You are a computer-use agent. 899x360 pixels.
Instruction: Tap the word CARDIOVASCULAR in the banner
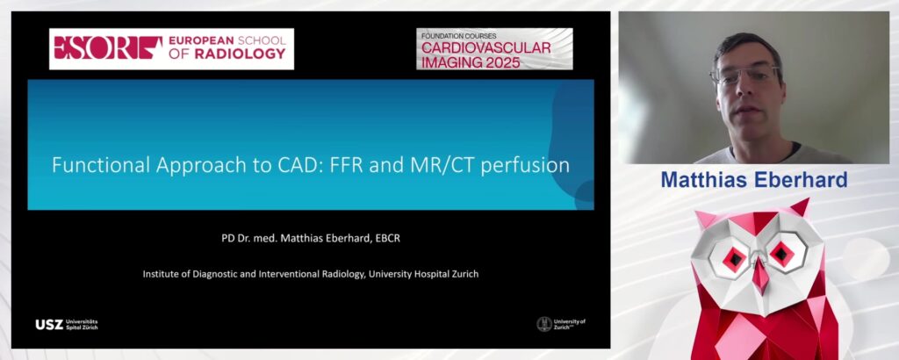(486, 47)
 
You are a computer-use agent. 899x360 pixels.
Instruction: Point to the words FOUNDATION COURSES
(458, 35)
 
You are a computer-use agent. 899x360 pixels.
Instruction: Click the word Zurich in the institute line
(465, 274)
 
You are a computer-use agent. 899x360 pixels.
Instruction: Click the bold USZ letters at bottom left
(49, 325)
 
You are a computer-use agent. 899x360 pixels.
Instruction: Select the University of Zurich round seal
(544, 324)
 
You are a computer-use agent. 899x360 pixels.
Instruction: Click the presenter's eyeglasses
(744, 76)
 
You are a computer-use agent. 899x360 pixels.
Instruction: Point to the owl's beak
(760, 273)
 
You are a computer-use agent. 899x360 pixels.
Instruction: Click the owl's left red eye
(734, 258)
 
